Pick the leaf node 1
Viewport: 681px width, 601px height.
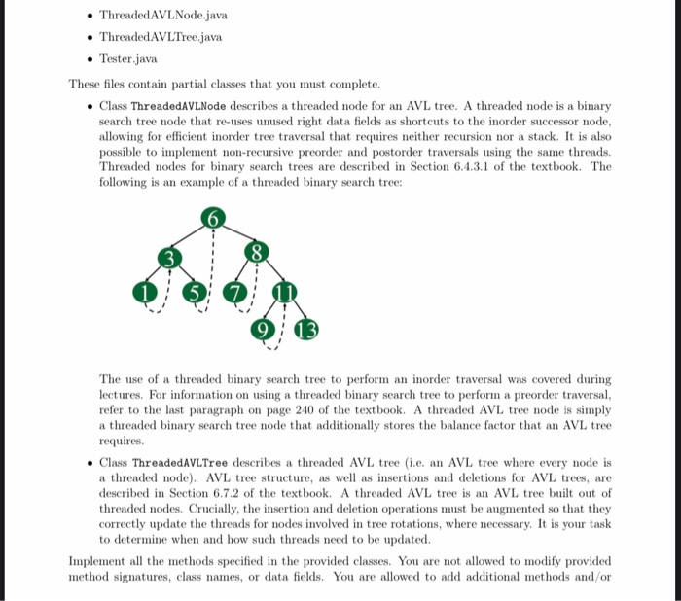146,291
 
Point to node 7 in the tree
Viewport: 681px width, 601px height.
233,292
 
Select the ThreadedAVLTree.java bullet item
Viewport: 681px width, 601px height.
161,37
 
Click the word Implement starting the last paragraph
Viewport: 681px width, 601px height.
99,561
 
